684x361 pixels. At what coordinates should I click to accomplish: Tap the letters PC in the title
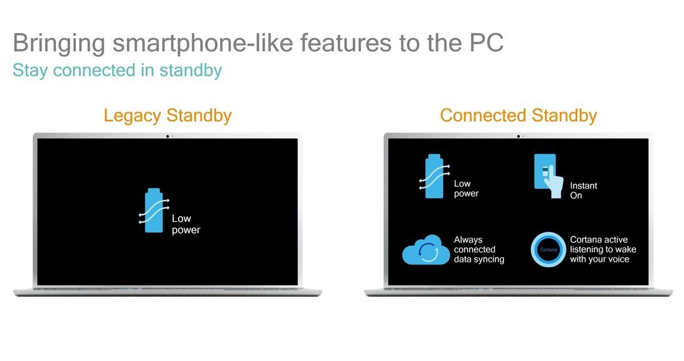coord(486,43)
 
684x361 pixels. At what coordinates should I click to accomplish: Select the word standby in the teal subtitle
coord(190,71)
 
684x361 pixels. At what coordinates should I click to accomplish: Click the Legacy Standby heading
coord(168,116)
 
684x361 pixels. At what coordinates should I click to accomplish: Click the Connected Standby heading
coord(518,115)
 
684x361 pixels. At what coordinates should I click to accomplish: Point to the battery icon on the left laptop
coord(153,210)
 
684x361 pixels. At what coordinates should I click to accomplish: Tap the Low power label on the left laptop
coord(186,224)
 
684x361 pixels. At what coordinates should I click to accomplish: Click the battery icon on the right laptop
coord(434,176)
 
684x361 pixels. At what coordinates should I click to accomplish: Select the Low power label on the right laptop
coord(466,188)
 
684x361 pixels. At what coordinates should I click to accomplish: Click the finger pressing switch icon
coord(548,176)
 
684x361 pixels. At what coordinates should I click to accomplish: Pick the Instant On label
coord(583,190)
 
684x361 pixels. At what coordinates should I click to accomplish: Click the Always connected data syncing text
coord(479,249)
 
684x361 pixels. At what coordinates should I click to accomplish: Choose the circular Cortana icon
coord(548,250)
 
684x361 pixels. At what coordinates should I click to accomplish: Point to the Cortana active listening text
coord(603,249)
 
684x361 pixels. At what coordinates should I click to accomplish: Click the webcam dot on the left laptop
coord(168,136)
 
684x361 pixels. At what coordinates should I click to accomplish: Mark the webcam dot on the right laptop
coord(518,136)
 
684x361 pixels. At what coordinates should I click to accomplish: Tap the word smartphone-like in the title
coord(203,43)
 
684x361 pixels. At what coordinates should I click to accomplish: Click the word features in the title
coord(345,43)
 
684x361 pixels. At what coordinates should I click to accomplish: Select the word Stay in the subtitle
coord(30,71)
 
